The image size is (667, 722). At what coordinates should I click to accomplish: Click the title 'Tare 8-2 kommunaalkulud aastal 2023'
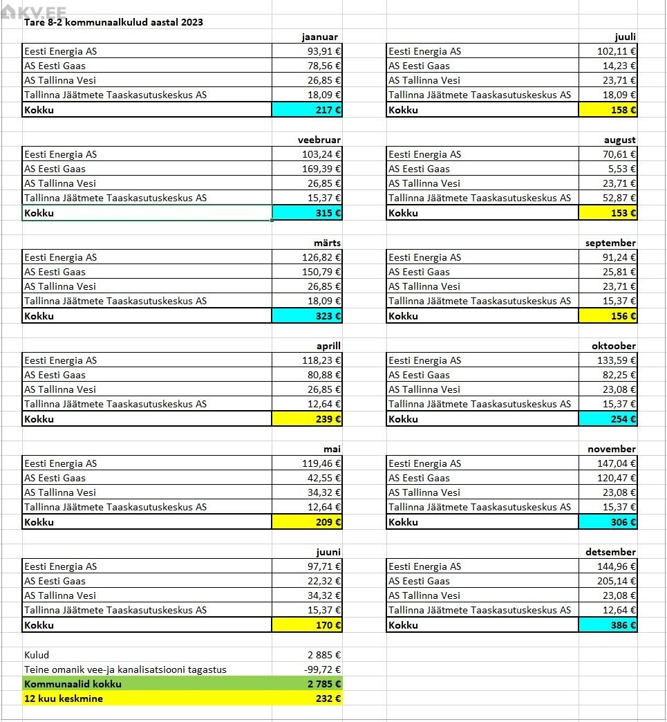[x=113, y=22]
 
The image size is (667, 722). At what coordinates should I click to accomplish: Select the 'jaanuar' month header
[x=319, y=37]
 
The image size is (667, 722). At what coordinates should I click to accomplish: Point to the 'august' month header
[x=619, y=140]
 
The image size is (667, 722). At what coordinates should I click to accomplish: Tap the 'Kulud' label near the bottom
[x=37, y=655]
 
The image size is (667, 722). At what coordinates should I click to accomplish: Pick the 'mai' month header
[x=332, y=449]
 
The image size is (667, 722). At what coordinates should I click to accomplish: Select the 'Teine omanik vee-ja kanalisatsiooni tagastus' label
[x=125, y=669]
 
